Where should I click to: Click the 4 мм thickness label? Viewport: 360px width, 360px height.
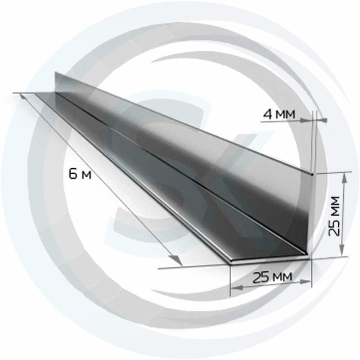coord(279,114)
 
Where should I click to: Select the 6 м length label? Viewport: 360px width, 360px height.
coord(80,174)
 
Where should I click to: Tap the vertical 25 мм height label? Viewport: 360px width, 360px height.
coord(334,216)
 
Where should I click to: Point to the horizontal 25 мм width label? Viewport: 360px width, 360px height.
coord(272,277)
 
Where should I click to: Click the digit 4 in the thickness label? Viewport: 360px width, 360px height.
coord(267,114)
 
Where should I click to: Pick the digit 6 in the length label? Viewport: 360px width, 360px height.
coord(73,174)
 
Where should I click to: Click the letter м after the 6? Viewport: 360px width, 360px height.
coord(86,175)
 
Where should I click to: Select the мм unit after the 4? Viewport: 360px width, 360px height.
coord(285,115)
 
